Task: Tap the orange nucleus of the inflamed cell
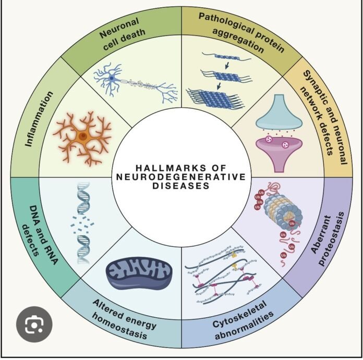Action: (x=82, y=136)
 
